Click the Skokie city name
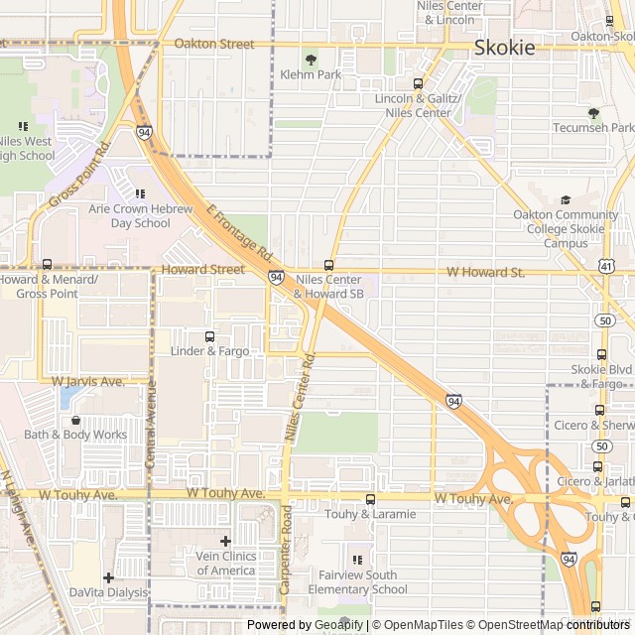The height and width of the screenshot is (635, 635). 504,47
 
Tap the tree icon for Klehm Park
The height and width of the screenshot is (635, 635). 311,60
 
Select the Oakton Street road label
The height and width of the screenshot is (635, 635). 214,44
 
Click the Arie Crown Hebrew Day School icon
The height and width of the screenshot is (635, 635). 140,193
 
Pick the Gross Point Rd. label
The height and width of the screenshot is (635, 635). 78,175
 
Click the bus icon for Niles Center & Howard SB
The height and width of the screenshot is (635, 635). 329,265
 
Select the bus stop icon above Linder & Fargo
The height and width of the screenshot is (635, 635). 208,336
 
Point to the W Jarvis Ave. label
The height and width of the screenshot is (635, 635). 87,381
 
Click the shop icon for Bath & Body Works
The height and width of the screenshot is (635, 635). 75,420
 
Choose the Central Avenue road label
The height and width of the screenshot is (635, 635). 151,411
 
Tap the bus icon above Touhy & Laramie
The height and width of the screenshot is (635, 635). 370,499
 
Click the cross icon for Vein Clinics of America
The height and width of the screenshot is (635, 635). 225,541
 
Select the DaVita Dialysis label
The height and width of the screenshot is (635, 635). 108,592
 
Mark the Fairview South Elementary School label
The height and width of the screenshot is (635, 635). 357,582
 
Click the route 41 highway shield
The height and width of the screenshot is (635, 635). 605,266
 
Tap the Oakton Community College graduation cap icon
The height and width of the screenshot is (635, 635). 566,199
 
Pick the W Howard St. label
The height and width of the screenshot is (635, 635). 485,272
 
